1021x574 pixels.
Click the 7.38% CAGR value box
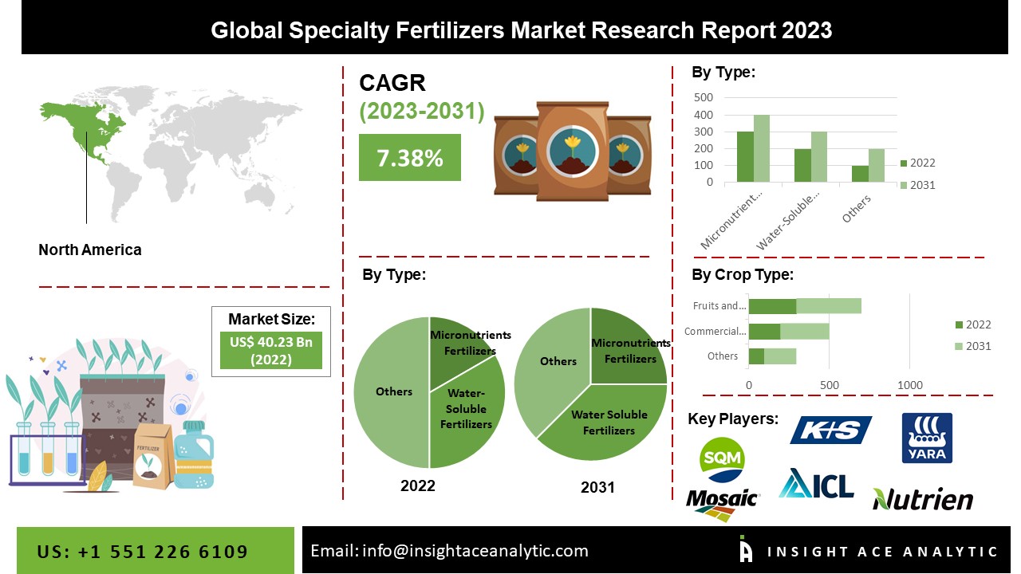[x=410, y=158]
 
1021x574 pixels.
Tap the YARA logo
[x=926, y=438]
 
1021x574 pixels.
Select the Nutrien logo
[x=923, y=499]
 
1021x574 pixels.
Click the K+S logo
[x=830, y=431]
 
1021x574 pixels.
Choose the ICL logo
[x=816, y=484]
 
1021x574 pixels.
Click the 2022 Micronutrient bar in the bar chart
[x=745, y=157]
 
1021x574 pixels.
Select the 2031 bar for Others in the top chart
[x=877, y=165]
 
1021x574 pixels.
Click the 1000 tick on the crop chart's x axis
[x=910, y=386]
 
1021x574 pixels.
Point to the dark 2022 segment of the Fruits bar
[x=772, y=306]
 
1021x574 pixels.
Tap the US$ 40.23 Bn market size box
[x=270, y=351]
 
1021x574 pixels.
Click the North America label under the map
[x=90, y=250]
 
